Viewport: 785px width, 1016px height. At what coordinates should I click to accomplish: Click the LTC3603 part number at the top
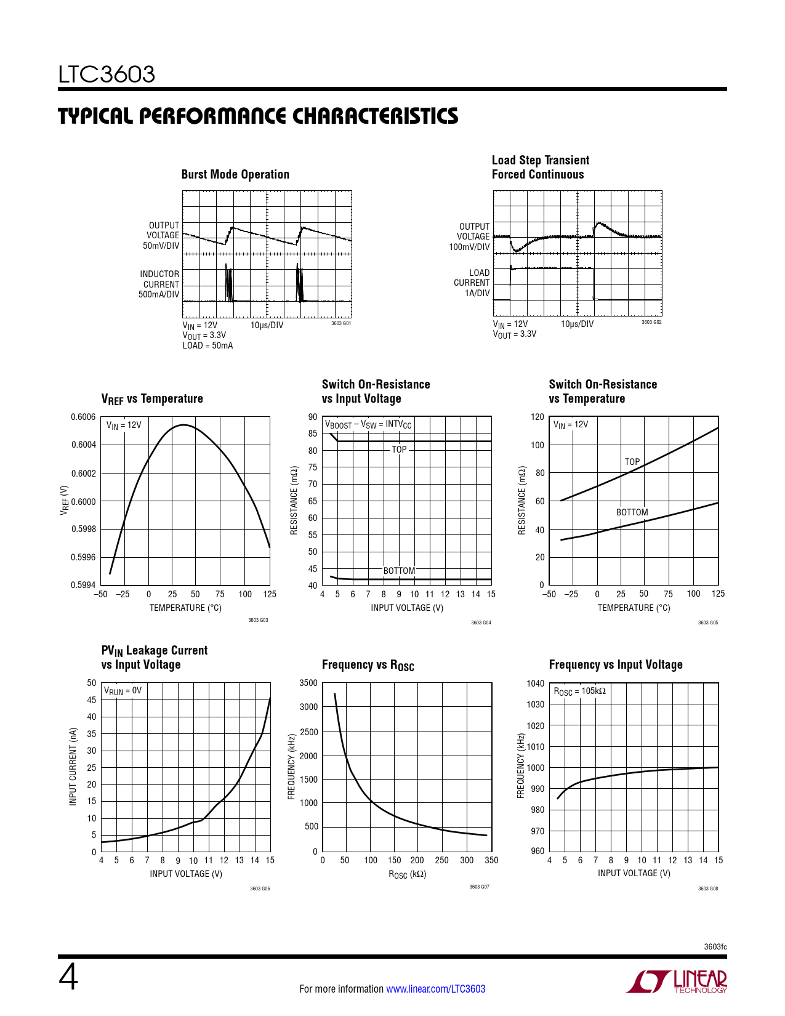[x=107, y=75]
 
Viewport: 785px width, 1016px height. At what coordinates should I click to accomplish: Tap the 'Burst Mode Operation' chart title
[x=235, y=174]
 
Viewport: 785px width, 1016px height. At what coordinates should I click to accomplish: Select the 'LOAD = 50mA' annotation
[x=207, y=345]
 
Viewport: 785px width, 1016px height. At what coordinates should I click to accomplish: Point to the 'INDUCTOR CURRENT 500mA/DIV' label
[x=159, y=284]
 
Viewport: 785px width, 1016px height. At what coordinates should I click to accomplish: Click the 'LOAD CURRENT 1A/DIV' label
[x=472, y=283]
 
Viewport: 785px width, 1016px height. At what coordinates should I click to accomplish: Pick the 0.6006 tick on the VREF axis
[x=83, y=417]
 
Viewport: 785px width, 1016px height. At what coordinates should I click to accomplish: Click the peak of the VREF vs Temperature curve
[x=183, y=425]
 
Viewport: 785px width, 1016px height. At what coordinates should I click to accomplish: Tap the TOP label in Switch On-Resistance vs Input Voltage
[x=399, y=450]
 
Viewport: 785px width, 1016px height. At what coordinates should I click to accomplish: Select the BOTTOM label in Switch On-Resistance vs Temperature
[x=632, y=512]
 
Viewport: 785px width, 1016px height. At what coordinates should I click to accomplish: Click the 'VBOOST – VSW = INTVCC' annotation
[x=368, y=424]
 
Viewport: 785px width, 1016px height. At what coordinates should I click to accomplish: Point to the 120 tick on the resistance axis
[x=537, y=417]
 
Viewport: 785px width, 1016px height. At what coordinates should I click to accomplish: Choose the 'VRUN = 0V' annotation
[x=123, y=691]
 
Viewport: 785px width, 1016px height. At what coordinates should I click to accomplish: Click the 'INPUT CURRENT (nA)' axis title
[x=73, y=767]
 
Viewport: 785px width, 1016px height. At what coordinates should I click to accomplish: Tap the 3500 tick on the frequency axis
[x=308, y=683]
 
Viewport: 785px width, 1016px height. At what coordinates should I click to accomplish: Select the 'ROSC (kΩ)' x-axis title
[x=407, y=874]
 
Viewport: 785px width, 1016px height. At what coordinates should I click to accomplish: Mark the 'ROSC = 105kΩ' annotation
[x=579, y=691]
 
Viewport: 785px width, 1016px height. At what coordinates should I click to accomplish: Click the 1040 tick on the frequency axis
[x=536, y=683]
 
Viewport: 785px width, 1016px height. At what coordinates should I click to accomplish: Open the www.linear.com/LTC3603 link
[x=435, y=989]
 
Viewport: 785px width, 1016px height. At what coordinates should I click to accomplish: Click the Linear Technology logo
[x=677, y=982]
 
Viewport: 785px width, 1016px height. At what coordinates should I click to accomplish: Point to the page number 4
[x=68, y=978]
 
